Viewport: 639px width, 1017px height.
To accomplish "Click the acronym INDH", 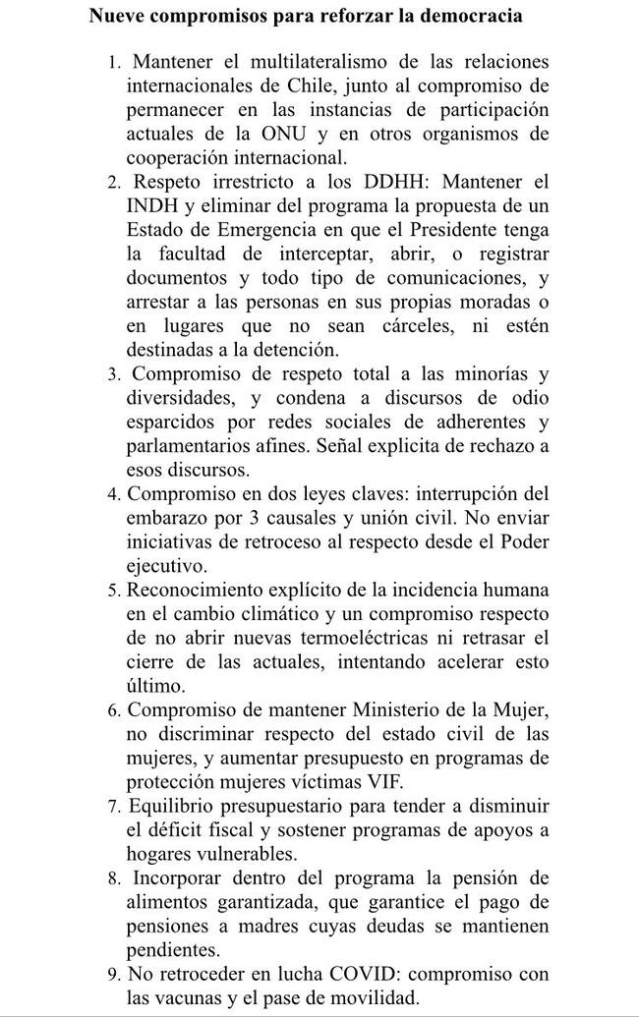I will [152, 205].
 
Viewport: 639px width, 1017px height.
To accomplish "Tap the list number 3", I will [115, 374].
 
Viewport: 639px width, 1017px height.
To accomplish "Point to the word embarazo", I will [166, 517].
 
